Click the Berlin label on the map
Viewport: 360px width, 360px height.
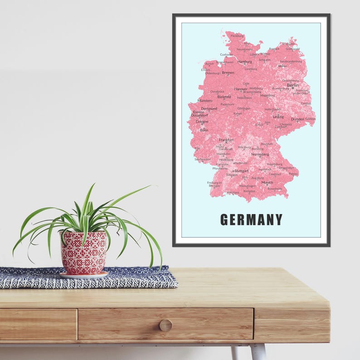click(292, 85)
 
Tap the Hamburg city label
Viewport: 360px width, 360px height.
click(244, 61)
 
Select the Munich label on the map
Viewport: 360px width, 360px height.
click(267, 182)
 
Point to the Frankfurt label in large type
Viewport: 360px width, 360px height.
click(226, 140)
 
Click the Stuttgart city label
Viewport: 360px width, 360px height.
click(241, 171)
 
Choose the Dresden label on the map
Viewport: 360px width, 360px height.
click(297, 119)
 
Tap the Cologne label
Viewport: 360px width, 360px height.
click(202, 122)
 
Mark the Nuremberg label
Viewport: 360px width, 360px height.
click(260, 154)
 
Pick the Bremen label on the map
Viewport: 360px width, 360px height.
click(228, 73)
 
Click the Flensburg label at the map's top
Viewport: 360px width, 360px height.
click(237, 35)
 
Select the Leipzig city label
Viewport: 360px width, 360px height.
click(278, 117)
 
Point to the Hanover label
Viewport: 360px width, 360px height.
click(241, 89)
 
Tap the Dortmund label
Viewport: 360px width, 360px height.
click(209, 109)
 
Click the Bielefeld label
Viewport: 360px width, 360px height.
click(224, 97)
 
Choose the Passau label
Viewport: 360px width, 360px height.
click(293, 174)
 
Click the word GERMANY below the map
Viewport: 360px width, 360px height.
click(251, 220)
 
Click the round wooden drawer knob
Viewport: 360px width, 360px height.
click(165, 325)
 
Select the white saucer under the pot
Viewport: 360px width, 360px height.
click(83, 275)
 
